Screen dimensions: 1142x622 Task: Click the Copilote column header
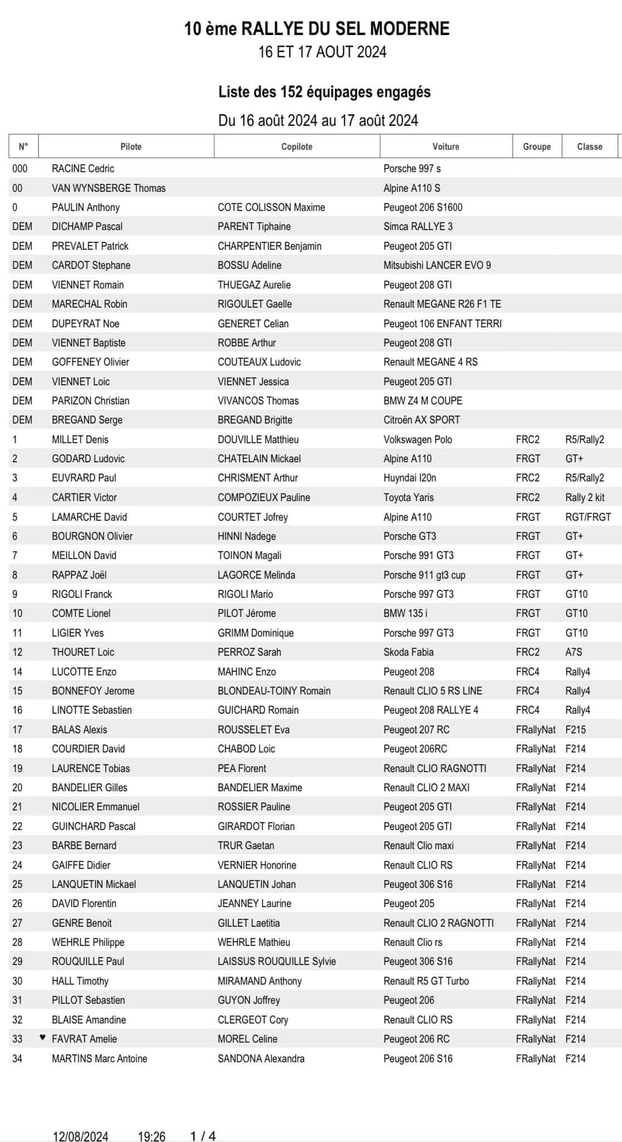[x=297, y=147]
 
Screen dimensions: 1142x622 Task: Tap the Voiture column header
[x=446, y=147]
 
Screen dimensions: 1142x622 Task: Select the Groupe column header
[x=537, y=147]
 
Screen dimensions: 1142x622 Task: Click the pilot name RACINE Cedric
[x=83, y=168]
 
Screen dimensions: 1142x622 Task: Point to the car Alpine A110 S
[x=412, y=188]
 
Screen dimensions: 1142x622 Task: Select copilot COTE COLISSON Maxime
[x=271, y=207]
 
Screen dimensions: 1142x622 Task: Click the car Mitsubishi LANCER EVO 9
[x=437, y=265]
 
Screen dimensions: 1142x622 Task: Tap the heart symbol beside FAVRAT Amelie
[x=42, y=1038]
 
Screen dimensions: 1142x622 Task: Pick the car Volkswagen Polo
[x=417, y=439]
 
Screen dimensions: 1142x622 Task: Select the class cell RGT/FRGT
[x=588, y=517]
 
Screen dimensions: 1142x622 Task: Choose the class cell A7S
[x=574, y=652]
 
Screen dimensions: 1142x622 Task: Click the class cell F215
[x=575, y=729]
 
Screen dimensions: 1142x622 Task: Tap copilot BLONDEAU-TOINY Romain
[x=274, y=691]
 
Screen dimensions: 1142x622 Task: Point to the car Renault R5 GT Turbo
[x=426, y=981]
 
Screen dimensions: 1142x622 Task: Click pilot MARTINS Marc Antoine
[x=99, y=1058]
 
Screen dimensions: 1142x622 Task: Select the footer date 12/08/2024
[x=81, y=1136]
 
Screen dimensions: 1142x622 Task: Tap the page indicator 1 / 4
[x=203, y=1136]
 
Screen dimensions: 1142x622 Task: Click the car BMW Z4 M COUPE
[x=422, y=400]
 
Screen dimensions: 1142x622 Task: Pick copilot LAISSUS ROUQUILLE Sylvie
[x=277, y=961]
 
